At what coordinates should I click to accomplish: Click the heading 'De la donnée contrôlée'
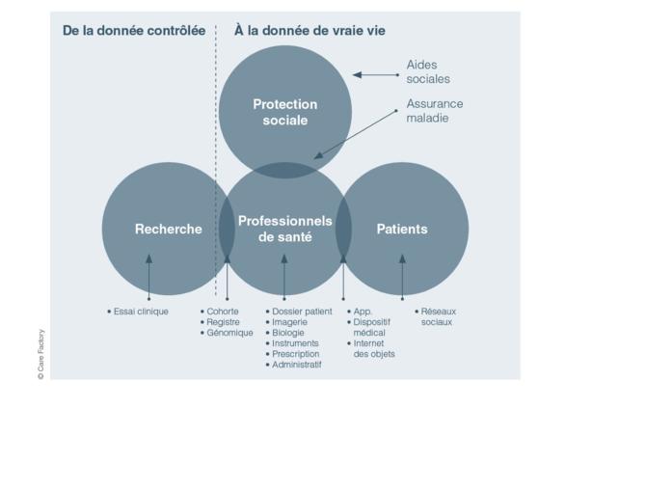[x=134, y=31]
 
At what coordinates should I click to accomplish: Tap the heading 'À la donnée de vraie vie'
[x=310, y=31]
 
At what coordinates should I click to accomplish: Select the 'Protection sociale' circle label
[x=285, y=112]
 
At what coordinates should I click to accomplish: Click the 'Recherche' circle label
[x=169, y=229]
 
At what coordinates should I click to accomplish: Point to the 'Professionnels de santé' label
[x=285, y=229]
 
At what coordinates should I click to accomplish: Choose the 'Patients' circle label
[x=402, y=229]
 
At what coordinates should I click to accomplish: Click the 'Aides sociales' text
[x=428, y=71]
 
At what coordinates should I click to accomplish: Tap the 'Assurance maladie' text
[x=435, y=111]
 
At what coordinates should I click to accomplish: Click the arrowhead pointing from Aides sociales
[x=357, y=75]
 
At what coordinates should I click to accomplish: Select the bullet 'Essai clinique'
[x=138, y=312]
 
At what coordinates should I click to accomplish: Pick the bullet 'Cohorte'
[x=220, y=312]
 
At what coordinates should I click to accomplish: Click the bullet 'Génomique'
[x=227, y=333]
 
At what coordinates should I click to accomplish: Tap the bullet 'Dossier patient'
[x=299, y=312]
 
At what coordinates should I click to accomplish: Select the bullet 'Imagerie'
[x=286, y=322]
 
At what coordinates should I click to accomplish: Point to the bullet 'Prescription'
[x=292, y=354]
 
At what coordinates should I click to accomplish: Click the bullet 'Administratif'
[x=294, y=365]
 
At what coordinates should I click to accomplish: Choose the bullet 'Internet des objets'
[x=371, y=348]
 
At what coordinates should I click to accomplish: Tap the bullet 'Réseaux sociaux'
[x=436, y=316]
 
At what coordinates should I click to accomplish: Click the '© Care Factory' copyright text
[x=40, y=354]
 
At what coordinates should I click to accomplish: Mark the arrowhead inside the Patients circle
[x=402, y=259]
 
